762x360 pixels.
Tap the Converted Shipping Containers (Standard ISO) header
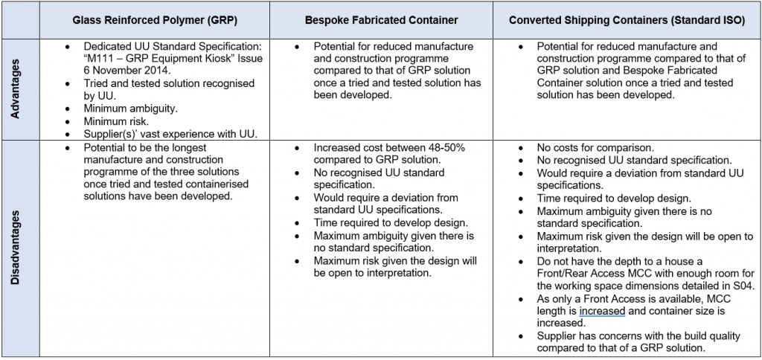tap(627, 20)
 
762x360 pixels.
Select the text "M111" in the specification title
tap(101, 58)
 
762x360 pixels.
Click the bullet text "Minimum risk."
tap(115, 121)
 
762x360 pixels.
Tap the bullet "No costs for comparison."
tap(596, 147)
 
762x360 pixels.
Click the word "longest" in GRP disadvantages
tap(200, 147)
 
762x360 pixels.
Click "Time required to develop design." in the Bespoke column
tap(391, 223)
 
